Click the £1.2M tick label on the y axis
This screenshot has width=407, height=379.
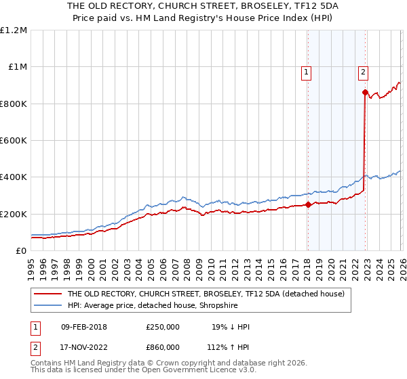point(14,30)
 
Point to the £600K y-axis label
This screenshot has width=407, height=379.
point(14,141)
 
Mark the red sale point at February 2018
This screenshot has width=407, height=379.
point(307,204)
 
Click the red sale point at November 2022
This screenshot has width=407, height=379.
point(365,92)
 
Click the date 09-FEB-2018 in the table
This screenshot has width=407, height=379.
point(83,327)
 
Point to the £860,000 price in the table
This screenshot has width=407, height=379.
point(163,347)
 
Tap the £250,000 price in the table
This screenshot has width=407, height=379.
point(163,327)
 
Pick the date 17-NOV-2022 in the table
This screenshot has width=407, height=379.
point(83,347)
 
